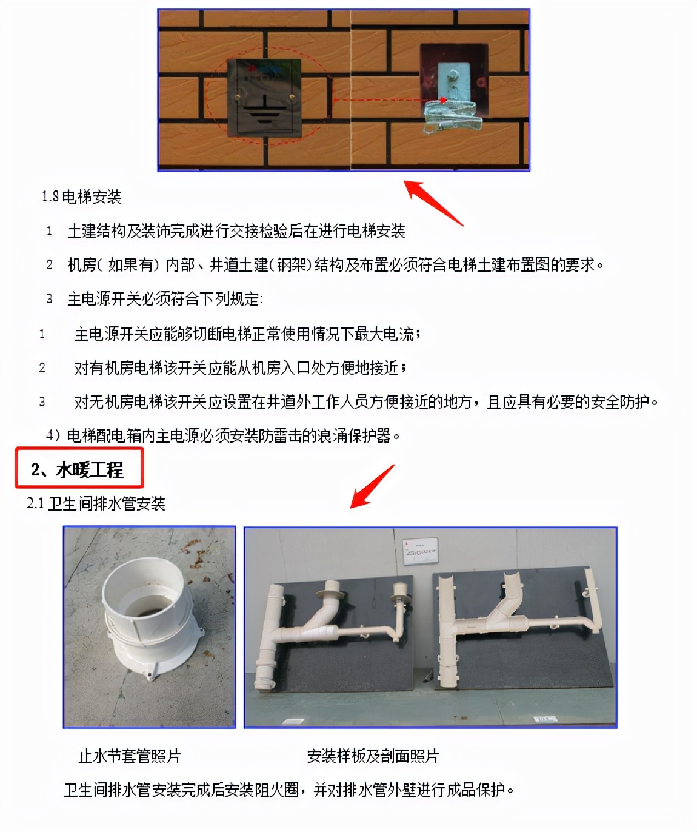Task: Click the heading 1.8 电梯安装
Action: tap(82, 196)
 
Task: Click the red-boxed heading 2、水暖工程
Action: tap(78, 469)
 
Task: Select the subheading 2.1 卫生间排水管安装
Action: tap(96, 503)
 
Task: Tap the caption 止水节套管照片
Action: tap(130, 756)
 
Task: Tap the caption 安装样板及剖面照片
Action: tap(373, 756)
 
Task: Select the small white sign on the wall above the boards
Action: tap(421, 549)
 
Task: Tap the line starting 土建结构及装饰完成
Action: tap(236, 231)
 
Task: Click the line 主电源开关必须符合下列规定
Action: tap(165, 299)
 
